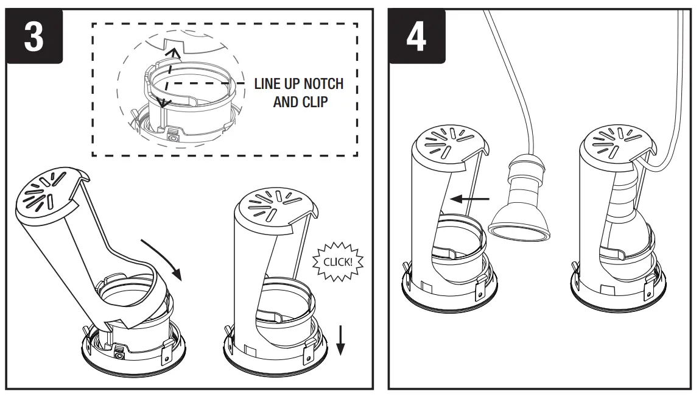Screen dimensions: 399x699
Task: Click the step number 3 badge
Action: (x=33, y=37)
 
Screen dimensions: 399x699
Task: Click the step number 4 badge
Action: (x=416, y=37)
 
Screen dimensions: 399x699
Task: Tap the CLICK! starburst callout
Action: (x=337, y=263)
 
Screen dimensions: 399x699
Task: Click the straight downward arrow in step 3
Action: (x=341, y=339)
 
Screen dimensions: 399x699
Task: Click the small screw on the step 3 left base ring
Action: (x=120, y=352)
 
